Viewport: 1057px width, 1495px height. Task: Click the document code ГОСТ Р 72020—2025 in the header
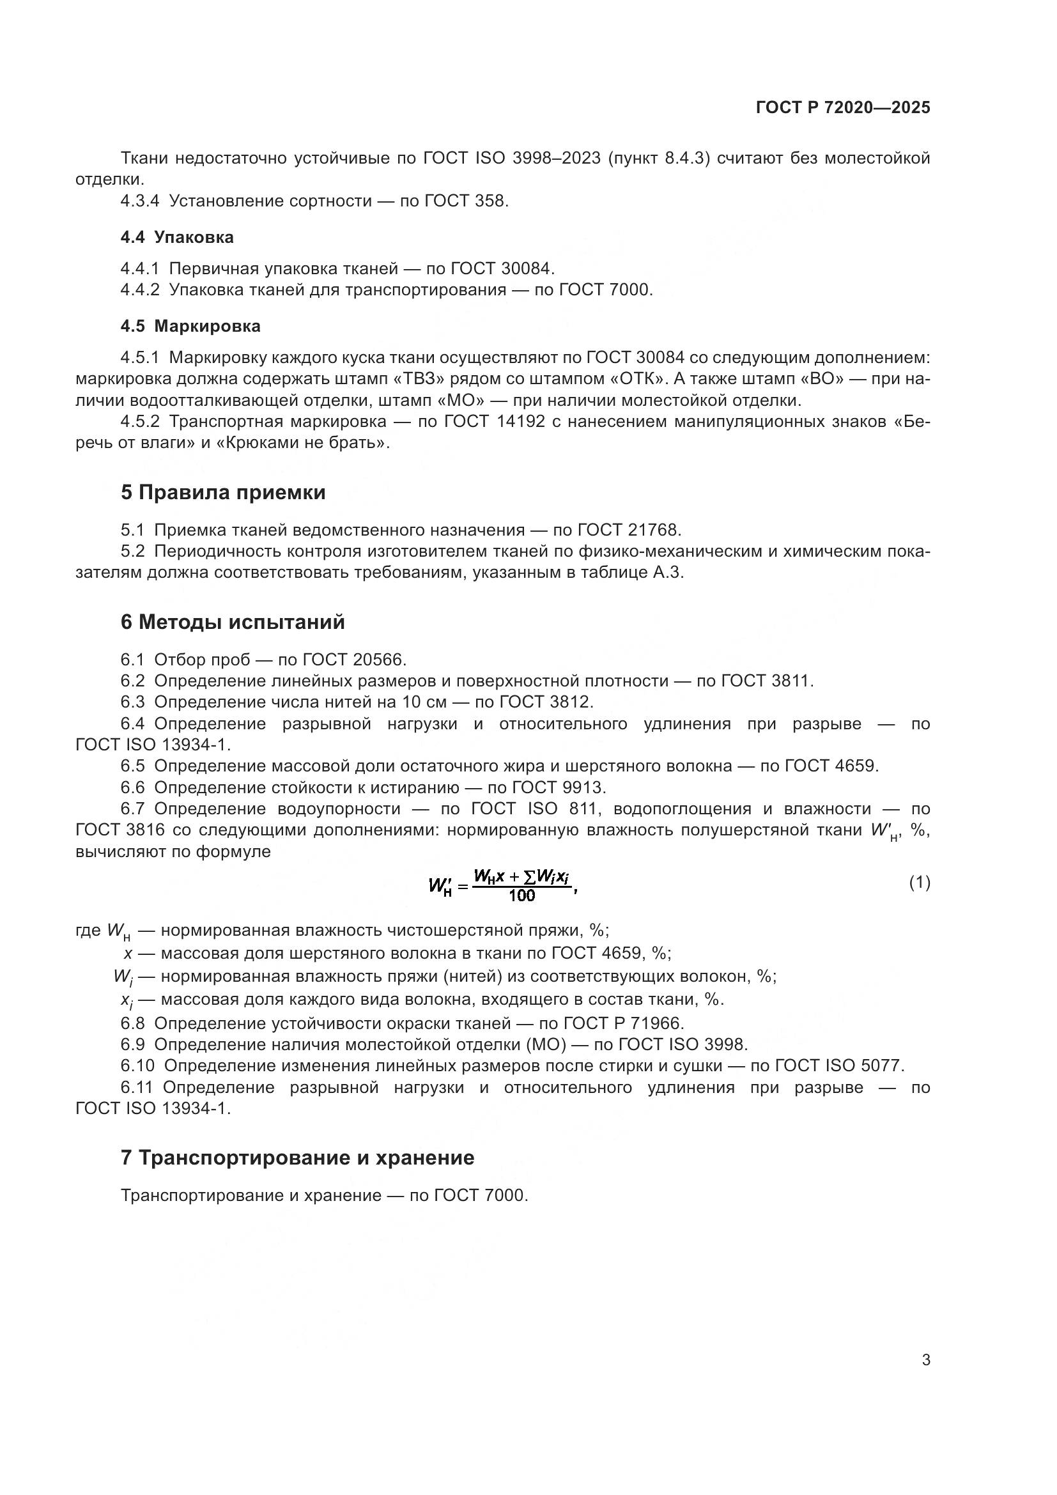(x=843, y=108)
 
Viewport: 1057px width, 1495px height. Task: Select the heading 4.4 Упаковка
(x=176, y=238)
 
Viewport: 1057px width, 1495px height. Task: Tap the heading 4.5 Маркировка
(x=190, y=326)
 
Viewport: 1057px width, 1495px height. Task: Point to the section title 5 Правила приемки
(x=222, y=493)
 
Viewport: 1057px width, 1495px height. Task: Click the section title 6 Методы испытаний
(x=233, y=623)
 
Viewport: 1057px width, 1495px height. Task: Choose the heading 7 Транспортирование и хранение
(x=297, y=1158)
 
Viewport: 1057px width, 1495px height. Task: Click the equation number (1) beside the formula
(x=919, y=883)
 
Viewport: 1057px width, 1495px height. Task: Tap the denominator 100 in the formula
(x=521, y=895)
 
